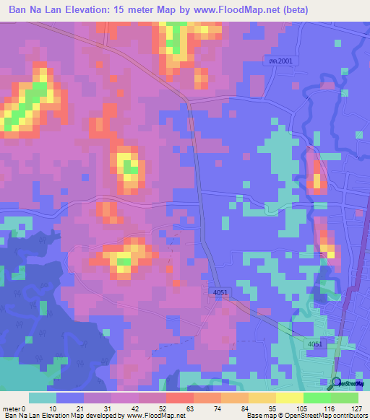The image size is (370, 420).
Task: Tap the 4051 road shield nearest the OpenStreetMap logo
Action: point(314,345)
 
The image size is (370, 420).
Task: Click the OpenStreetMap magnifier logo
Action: point(335,383)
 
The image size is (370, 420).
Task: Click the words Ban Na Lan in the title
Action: point(33,10)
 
